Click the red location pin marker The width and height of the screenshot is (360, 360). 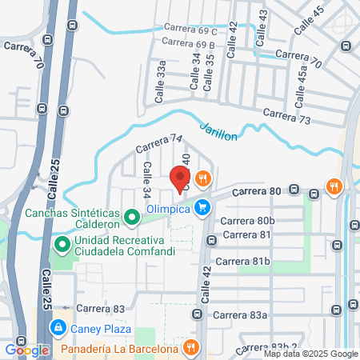[x=179, y=177]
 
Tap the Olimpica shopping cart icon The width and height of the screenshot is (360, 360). [x=204, y=207]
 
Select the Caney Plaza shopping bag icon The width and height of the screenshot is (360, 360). [x=58, y=327]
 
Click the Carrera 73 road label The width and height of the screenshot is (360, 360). [x=286, y=118]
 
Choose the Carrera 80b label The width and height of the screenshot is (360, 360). [x=248, y=220]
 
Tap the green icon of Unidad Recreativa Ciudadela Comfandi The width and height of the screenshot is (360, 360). [x=61, y=243]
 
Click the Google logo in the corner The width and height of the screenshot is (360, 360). [x=26, y=350]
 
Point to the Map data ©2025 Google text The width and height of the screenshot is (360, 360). [x=311, y=354]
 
